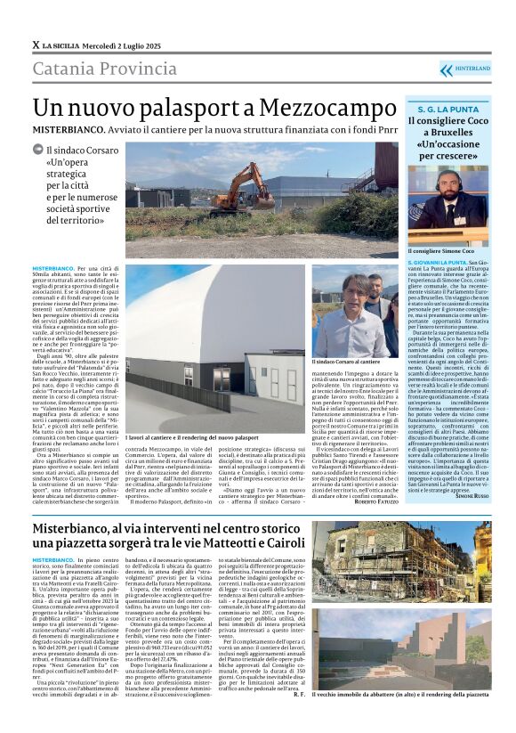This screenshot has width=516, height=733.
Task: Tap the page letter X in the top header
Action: point(36,45)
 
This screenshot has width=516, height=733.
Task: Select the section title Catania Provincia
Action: point(101,69)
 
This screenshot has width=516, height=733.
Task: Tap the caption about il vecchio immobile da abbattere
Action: point(413,694)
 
